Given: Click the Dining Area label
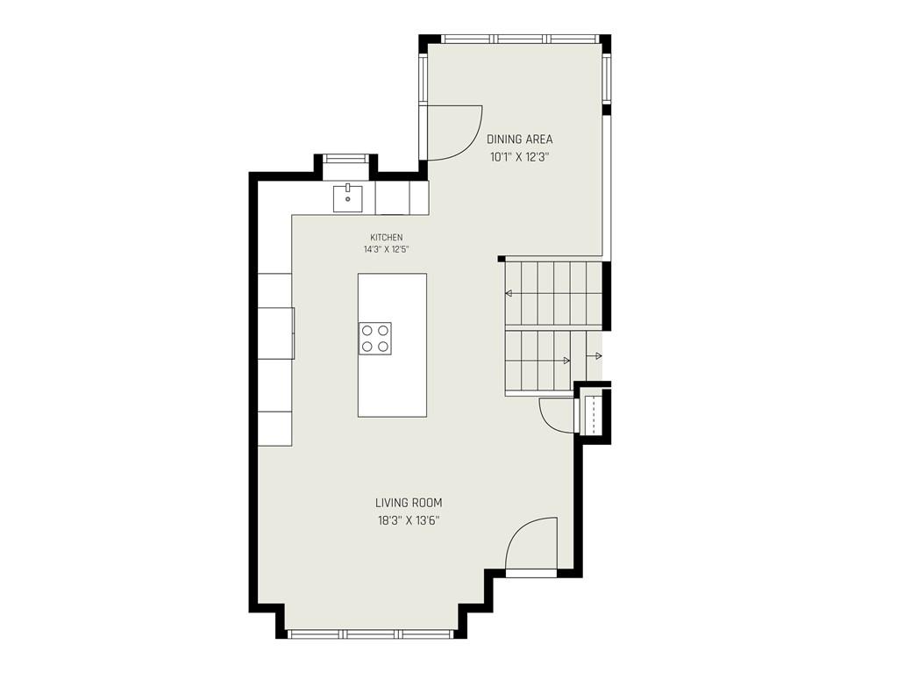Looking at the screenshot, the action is [x=519, y=139].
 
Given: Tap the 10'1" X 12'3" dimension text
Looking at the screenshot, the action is [x=519, y=157].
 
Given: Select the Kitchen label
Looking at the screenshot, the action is [x=387, y=237].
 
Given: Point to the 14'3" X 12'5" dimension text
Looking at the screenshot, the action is [x=387, y=249].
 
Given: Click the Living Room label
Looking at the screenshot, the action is [x=409, y=503].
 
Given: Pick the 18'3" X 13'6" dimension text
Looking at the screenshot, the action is [x=409, y=521].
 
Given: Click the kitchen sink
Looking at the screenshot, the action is [x=348, y=198].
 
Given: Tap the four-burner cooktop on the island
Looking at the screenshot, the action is [x=375, y=338].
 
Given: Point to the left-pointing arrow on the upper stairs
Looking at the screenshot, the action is [x=508, y=294].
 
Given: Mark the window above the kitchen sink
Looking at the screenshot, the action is [x=345, y=159].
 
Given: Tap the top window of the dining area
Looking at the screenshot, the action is [x=520, y=39].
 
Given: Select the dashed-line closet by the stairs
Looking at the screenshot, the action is [x=594, y=413].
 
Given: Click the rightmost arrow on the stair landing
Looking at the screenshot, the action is [x=596, y=356].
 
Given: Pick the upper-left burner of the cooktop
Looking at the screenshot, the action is [x=367, y=330].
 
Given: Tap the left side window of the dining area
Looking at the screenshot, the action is [x=424, y=77].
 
